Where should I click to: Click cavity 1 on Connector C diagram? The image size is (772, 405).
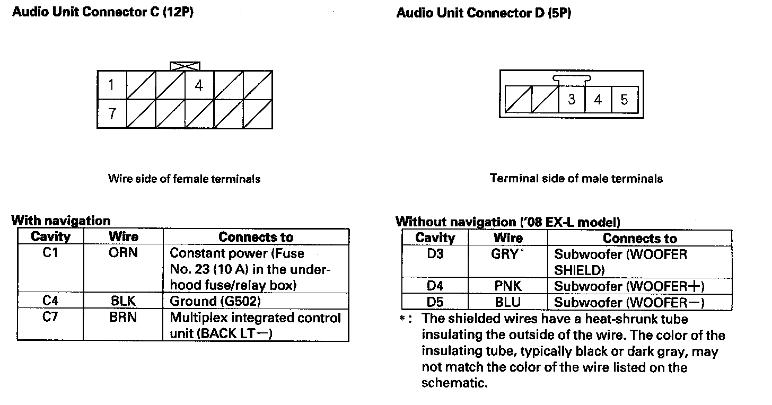pos(111,85)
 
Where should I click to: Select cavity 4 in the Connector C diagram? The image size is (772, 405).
pos(199,85)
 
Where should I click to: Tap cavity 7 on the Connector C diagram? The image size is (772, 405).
pos(112,114)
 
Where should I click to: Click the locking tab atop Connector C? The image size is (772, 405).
pos(185,66)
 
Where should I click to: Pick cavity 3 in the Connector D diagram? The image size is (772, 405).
pos(572,100)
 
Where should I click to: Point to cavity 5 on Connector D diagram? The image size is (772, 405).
pos(624,100)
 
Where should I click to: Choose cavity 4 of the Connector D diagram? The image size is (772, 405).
pos(598,100)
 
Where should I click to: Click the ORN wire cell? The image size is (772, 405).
pos(123,253)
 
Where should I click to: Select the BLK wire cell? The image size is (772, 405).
pos(123,301)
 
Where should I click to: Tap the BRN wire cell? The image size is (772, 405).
pos(123,317)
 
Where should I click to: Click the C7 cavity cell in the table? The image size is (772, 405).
pos(50,317)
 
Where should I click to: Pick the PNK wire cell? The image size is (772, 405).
pos(508,286)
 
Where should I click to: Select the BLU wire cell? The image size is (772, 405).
pos(508,302)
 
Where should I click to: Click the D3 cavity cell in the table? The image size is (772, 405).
pos(435,254)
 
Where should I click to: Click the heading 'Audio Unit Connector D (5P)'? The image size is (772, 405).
pos(483,13)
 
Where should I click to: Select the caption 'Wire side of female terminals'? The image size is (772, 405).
pos(184,179)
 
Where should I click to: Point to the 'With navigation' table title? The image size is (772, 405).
pos(61,221)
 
